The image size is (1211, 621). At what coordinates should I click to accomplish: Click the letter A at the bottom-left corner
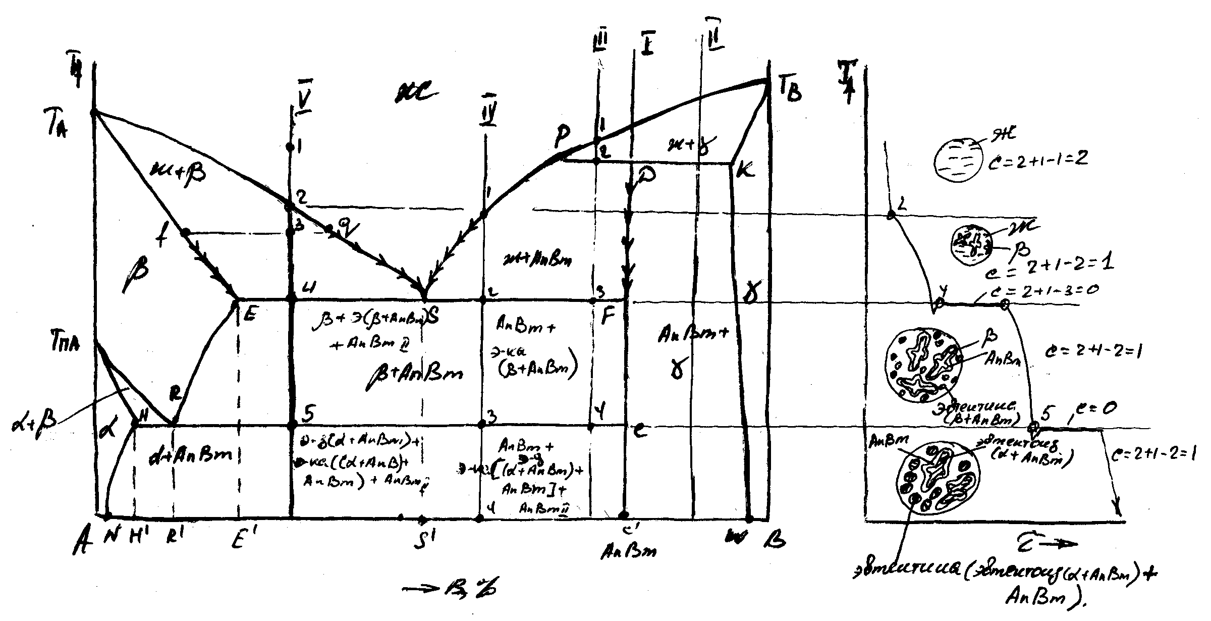[80, 543]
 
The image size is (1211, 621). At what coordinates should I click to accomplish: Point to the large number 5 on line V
[309, 414]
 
